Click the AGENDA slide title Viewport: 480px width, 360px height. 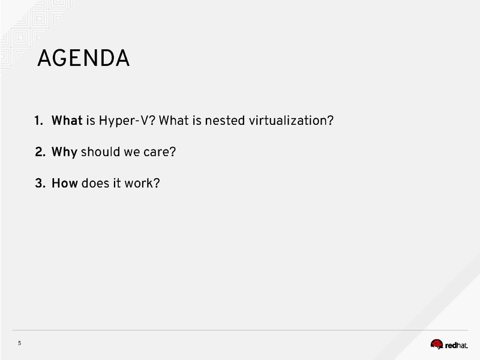[x=83, y=58]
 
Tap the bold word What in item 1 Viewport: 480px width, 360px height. [x=67, y=121]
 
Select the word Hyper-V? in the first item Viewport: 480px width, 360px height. [x=127, y=121]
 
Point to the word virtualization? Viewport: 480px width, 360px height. [x=291, y=121]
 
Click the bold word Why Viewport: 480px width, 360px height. [x=64, y=152]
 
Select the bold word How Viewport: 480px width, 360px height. [x=65, y=183]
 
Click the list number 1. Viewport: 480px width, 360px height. [x=38, y=121]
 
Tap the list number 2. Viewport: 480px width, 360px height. [x=40, y=152]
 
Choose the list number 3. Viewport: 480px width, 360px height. [x=40, y=183]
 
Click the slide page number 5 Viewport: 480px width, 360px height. [x=20, y=343]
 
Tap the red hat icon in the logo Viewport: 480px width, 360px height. [x=437, y=344]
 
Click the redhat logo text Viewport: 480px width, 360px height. [x=457, y=346]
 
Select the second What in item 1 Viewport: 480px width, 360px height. [x=173, y=121]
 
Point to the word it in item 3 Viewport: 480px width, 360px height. [x=117, y=183]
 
